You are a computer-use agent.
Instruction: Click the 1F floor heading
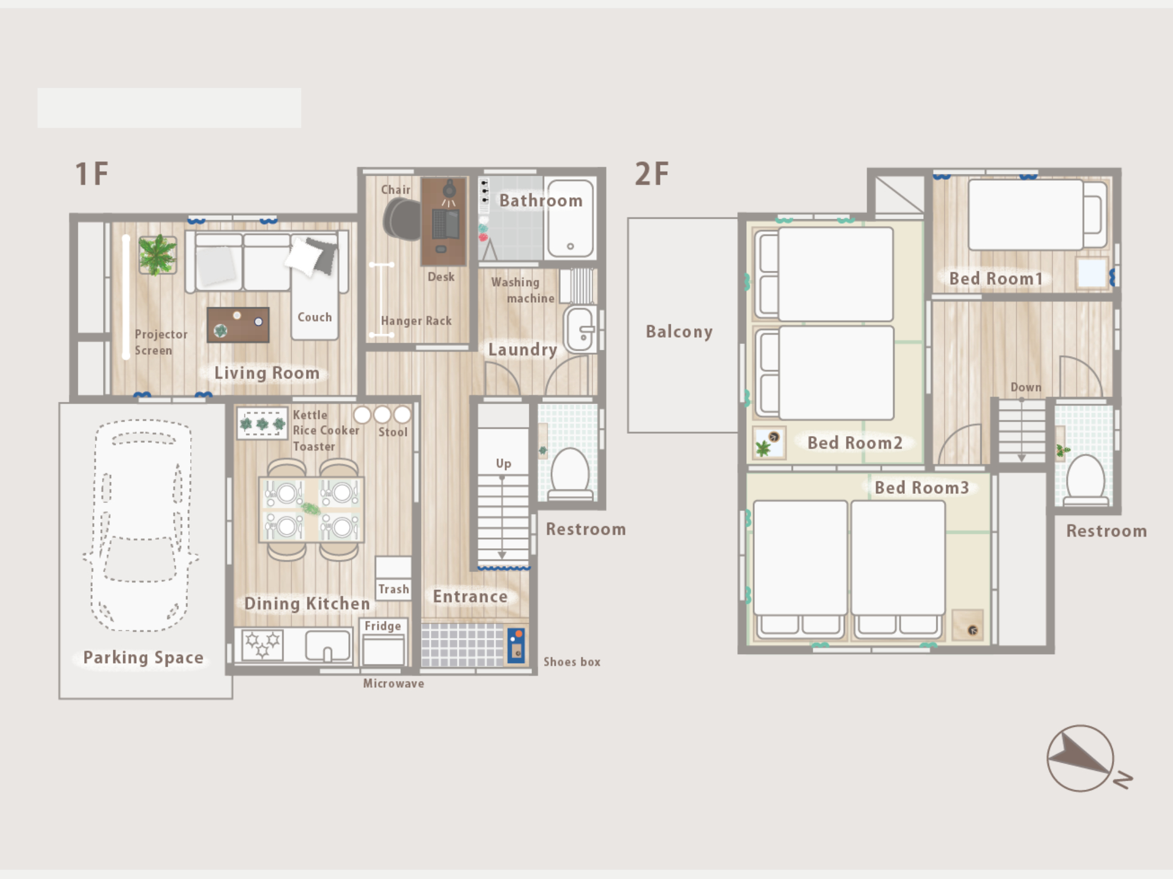click(x=92, y=174)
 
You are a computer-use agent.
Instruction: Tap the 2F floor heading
click(x=652, y=174)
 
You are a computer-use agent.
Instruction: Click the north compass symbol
click(x=1088, y=759)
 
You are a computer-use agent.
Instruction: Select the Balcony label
click(x=679, y=331)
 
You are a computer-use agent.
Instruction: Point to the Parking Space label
click(x=143, y=658)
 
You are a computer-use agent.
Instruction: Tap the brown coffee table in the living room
click(x=238, y=325)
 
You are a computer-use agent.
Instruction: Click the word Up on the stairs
click(x=503, y=464)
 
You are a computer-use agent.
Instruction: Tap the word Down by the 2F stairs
click(x=1026, y=387)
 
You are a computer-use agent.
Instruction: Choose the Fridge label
click(x=383, y=626)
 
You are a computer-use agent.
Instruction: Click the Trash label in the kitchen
click(x=393, y=589)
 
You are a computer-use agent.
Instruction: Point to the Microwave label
click(x=393, y=683)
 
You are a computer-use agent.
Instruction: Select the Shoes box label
click(x=572, y=662)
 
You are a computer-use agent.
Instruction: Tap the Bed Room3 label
click(x=922, y=488)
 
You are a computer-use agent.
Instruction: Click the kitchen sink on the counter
click(x=328, y=646)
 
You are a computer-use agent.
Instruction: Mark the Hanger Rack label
click(x=416, y=321)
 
